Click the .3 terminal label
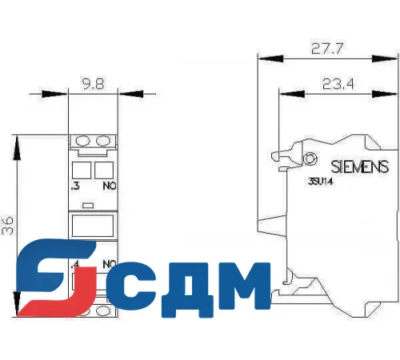coord(76,186)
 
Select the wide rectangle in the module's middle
coord(93,226)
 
